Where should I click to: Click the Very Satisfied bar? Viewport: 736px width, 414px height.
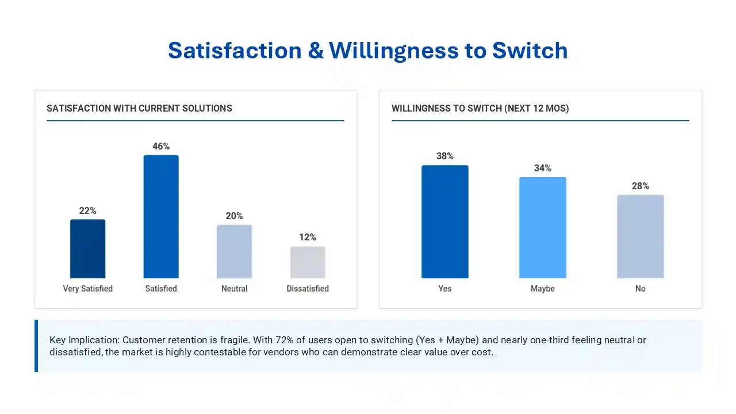[x=88, y=249]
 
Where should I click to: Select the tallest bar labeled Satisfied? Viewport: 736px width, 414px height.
[x=161, y=217]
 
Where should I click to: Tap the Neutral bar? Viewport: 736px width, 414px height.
[x=234, y=251]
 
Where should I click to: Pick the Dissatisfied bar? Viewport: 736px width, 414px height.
[x=308, y=262]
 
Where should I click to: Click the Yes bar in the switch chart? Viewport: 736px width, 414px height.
[x=445, y=222]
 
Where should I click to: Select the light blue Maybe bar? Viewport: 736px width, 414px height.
[x=542, y=228]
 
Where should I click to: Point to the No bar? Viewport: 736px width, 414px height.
[x=641, y=236]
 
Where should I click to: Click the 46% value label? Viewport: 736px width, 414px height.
[x=161, y=146]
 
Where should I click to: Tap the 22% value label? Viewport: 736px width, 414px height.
[x=88, y=210]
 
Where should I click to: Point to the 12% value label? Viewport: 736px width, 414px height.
[x=308, y=237]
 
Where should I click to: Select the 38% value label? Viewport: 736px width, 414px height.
[x=445, y=156]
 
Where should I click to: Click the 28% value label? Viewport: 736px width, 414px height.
[x=641, y=186]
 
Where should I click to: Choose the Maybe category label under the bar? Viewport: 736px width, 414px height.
[x=542, y=289]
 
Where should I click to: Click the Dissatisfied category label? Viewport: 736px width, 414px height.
[x=308, y=289]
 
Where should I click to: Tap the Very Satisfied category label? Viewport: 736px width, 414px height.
[x=88, y=289]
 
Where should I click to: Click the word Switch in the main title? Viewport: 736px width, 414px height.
[x=530, y=51]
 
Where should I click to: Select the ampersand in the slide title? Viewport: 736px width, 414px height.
[x=316, y=51]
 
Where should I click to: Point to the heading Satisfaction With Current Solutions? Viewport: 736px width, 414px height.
[x=139, y=109]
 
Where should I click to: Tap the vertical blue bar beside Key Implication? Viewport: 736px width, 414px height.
[x=36, y=346]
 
